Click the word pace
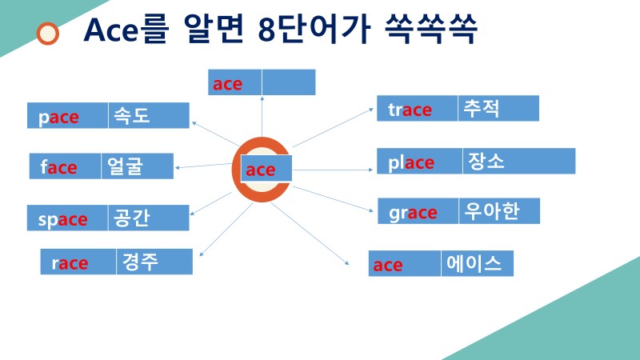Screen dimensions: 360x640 click(x=59, y=118)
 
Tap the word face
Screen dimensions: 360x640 click(x=59, y=167)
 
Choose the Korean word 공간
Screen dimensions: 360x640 click(x=133, y=218)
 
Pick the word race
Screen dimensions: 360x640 click(x=70, y=263)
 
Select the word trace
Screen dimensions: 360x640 click(x=410, y=110)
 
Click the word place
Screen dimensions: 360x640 click(x=412, y=163)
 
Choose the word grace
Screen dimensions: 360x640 click(x=413, y=213)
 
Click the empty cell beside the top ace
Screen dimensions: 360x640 click(x=288, y=82)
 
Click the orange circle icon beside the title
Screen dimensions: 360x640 click(x=49, y=33)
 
